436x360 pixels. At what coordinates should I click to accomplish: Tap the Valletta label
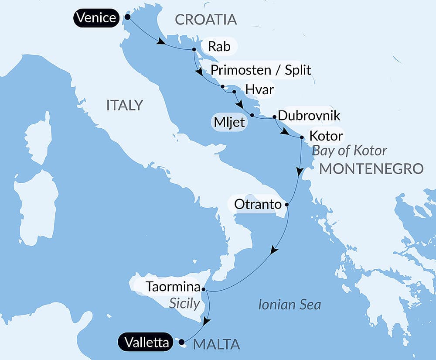[x=146, y=343]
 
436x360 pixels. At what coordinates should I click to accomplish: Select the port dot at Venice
[x=127, y=17]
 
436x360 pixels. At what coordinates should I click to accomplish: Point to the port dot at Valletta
[x=181, y=343]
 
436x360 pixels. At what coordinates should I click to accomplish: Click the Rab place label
[x=219, y=46]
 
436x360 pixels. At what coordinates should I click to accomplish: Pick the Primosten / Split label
[x=261, y=70]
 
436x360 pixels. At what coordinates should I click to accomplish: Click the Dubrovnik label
[x=309, y=116]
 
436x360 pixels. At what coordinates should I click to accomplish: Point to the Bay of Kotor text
[x=349, y=151]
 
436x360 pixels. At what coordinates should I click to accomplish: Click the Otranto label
[x=259, y=203]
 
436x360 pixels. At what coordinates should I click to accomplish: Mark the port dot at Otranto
[x=287, y=204]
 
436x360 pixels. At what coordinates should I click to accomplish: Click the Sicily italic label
[x=184, y=303]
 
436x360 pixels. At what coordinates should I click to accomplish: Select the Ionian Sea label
[x=290, y=305]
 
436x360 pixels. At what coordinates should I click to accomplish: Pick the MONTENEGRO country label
[x=371, y=169]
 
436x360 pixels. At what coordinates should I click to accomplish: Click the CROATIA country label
[x=205, y=19]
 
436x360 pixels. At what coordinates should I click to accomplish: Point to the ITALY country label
[x=125, y=105]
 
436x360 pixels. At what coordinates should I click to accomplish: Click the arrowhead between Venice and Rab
[x=161, y=42]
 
